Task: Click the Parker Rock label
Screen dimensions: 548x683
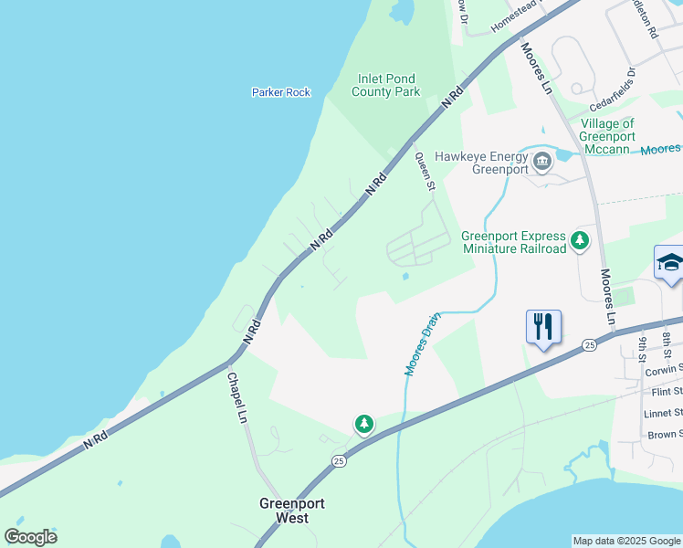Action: coord(281,92)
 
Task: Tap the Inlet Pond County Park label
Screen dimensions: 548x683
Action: coord(386,86)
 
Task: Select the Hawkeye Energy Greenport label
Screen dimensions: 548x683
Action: coord(481,163)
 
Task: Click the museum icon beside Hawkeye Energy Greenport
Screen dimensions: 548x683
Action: coord(542,163)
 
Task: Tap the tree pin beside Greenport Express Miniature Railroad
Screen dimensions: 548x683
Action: coord(579,242)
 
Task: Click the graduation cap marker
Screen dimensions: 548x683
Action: coord(670,263)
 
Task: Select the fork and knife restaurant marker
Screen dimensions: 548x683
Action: coord(543,326)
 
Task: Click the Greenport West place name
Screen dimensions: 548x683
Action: coord(292,511)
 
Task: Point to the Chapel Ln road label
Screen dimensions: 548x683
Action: coord(236,397)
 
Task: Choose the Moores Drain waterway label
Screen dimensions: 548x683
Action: coord(423,343)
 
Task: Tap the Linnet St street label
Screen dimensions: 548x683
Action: coord(664,414)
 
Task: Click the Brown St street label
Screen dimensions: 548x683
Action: coord(664,435)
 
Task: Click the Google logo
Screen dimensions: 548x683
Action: coord(30,537)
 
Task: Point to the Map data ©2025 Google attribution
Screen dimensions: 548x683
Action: coord(625,541)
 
